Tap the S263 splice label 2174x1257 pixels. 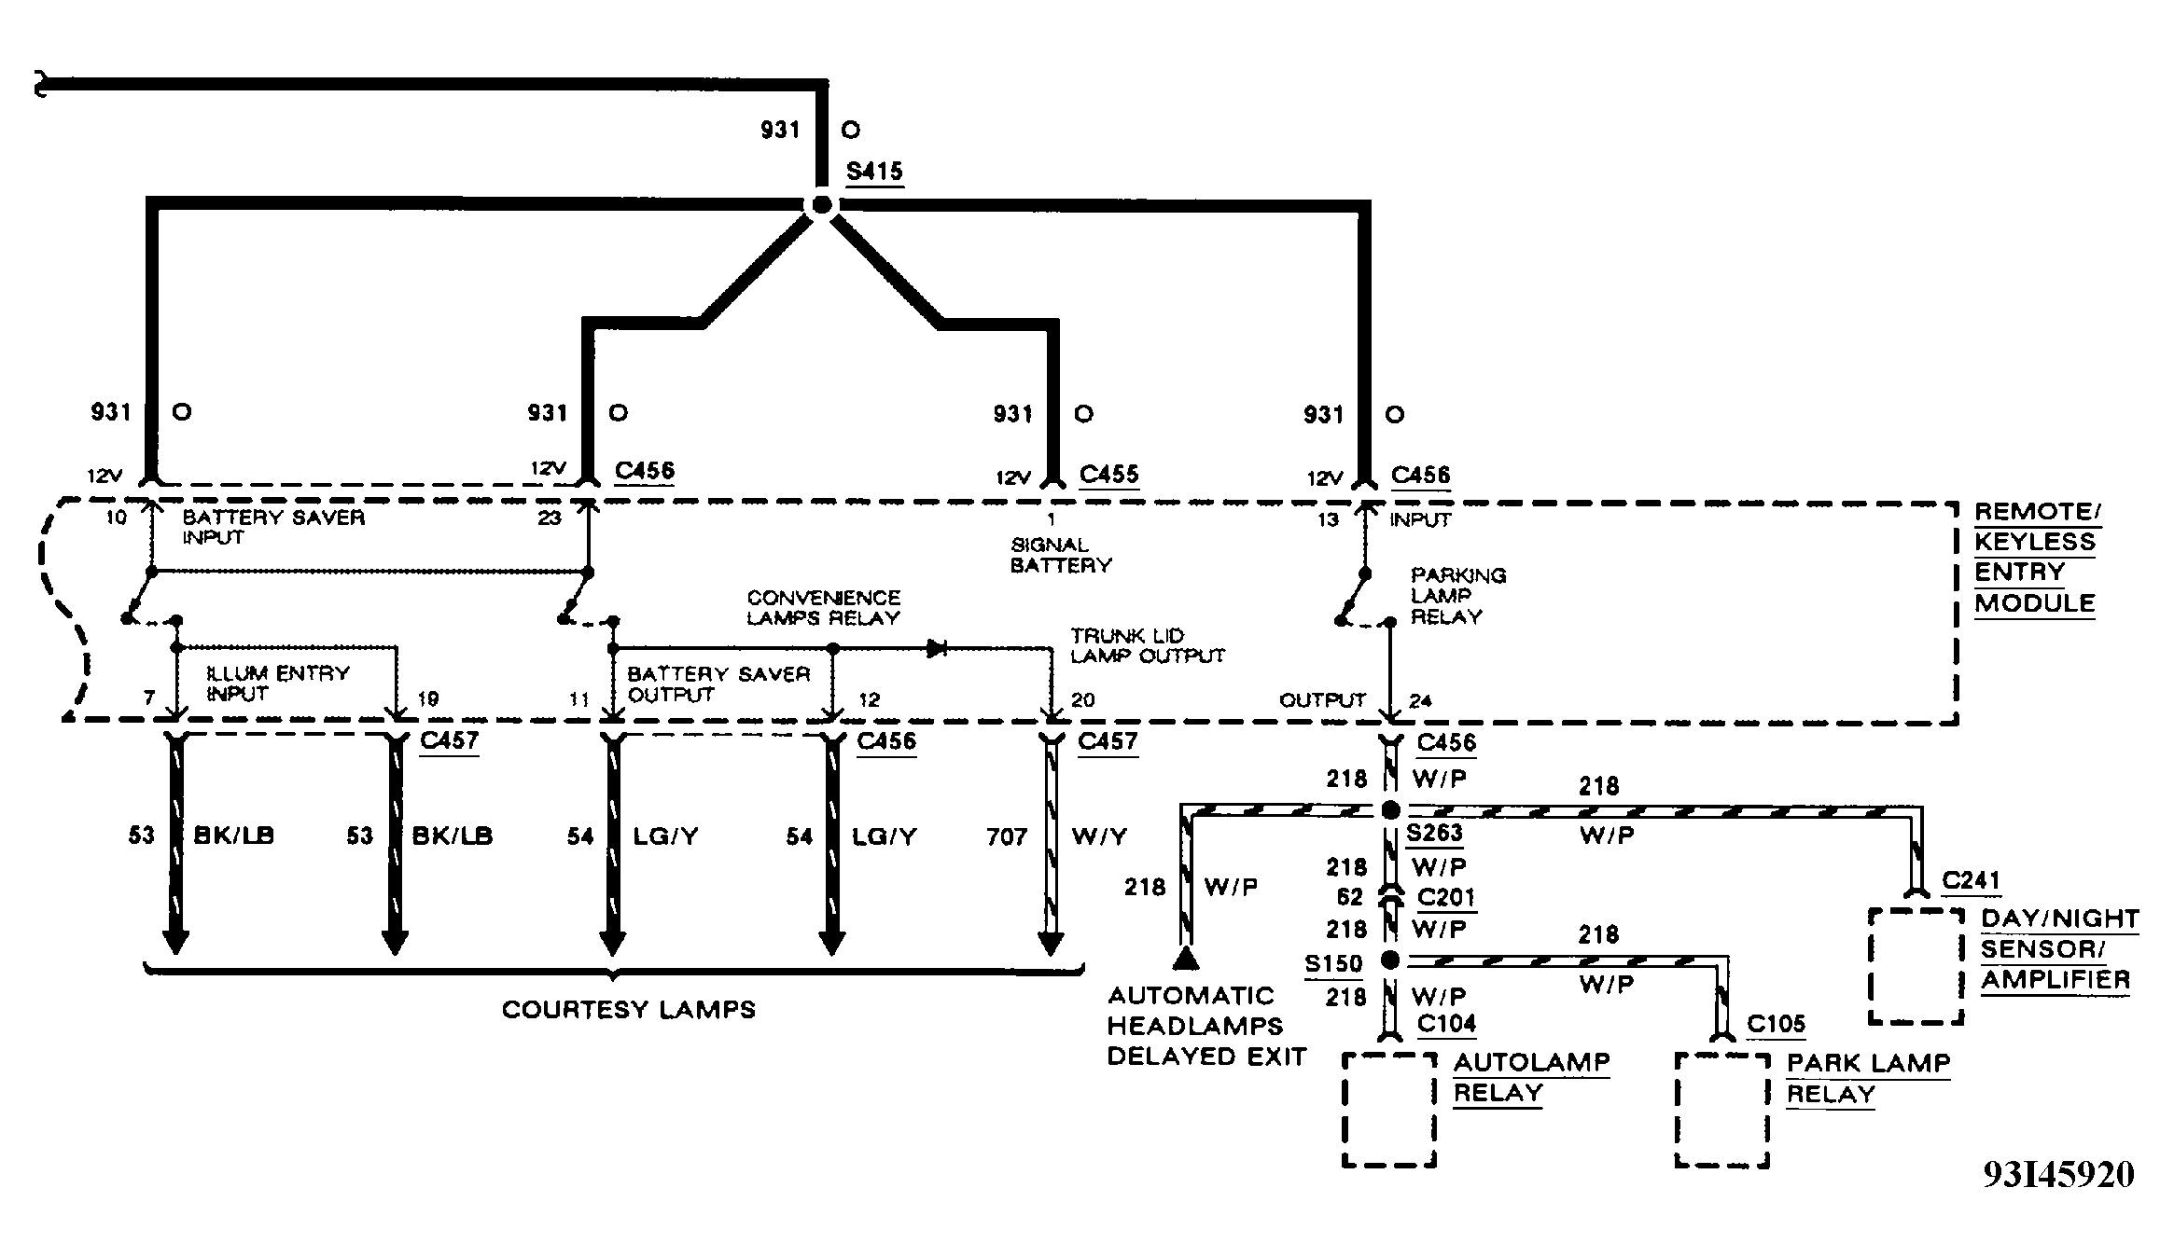pyautogui.click(x=1434, y=833)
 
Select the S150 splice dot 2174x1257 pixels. pyautogui.click(x=1390, y=960)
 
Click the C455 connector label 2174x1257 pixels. pyautogui.click(x=1108, y=475)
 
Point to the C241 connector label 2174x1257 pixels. pyautogui.click(x=1971, y=881)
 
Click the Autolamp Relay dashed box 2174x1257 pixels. pyautogui.click(x=1388, y=1110)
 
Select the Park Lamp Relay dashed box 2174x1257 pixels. pyautogui.click(x=1721, y=1110)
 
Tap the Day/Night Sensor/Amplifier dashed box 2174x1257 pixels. pyautogui.click(x=1916, y=967)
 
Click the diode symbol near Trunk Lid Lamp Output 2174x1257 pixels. pyautogui.click(x=937, y=648)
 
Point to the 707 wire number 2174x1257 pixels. pyautogui.click(x=1007, y=837)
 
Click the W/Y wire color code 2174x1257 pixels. pyautogui.click(x=1099, y=837)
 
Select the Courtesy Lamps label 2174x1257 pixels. pyautogui.click(x=628, y=1010)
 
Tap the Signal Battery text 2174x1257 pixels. pyautogui.click(x=1060, y=555)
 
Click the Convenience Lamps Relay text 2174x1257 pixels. pyautogui.click(x=823, y=607)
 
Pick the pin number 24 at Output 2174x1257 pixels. pyautogui.click(x=1420, y=701)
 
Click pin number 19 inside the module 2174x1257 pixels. pyautogui.click(x=428, y=699)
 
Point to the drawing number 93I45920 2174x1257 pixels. pyautogui.click(x=2058, y=1176)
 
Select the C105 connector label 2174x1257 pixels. pyautogui.click(x=1776, y=1025)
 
